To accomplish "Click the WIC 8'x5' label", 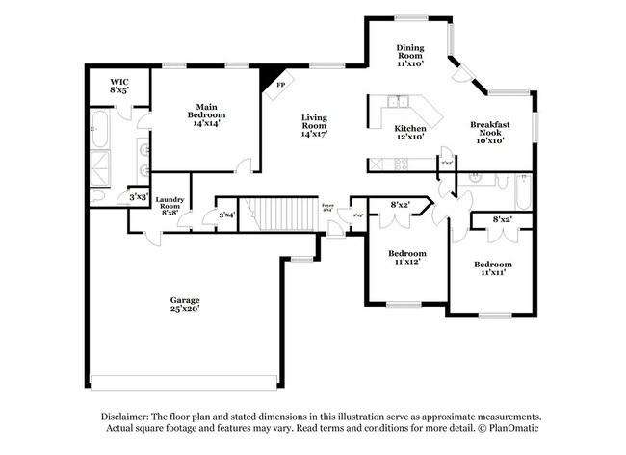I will pyautogui.click(x=119, y=86).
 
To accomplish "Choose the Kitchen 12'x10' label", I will pyautogui.click(x=410, y=134).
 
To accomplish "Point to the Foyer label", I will pyautogui.click(x=327, y=206).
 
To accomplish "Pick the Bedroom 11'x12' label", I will pyautogui.click(x=407, y=259).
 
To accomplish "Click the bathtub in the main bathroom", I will pyautogui.click(x=101, y=129).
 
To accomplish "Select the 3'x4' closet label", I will pyautogui.click(x=227, y=215).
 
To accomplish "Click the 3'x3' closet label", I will pyautogui.click(x=139, y=198).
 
